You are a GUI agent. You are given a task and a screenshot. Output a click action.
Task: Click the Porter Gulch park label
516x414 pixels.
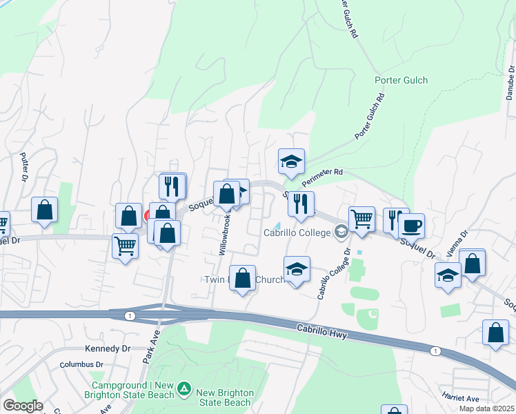coord(401,80)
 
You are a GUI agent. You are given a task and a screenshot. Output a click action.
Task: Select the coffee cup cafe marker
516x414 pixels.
coord(411,226)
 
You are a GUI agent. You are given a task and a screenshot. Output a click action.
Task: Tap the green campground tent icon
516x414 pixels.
coord(183,389)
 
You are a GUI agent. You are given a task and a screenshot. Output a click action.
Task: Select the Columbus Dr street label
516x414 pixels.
coord(81,364)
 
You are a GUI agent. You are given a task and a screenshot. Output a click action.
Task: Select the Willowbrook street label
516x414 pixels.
coord(225,235)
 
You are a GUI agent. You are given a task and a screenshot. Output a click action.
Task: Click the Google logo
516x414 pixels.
coord(22,406)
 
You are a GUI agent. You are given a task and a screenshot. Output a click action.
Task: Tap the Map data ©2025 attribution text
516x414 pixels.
coord(486,408)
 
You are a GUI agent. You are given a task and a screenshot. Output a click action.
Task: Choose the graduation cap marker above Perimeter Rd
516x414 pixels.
coord(291,162)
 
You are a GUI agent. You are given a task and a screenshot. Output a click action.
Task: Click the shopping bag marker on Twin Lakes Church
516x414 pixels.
coord(242,279)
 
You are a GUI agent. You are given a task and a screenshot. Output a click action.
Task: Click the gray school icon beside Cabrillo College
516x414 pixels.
coord(341,233)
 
